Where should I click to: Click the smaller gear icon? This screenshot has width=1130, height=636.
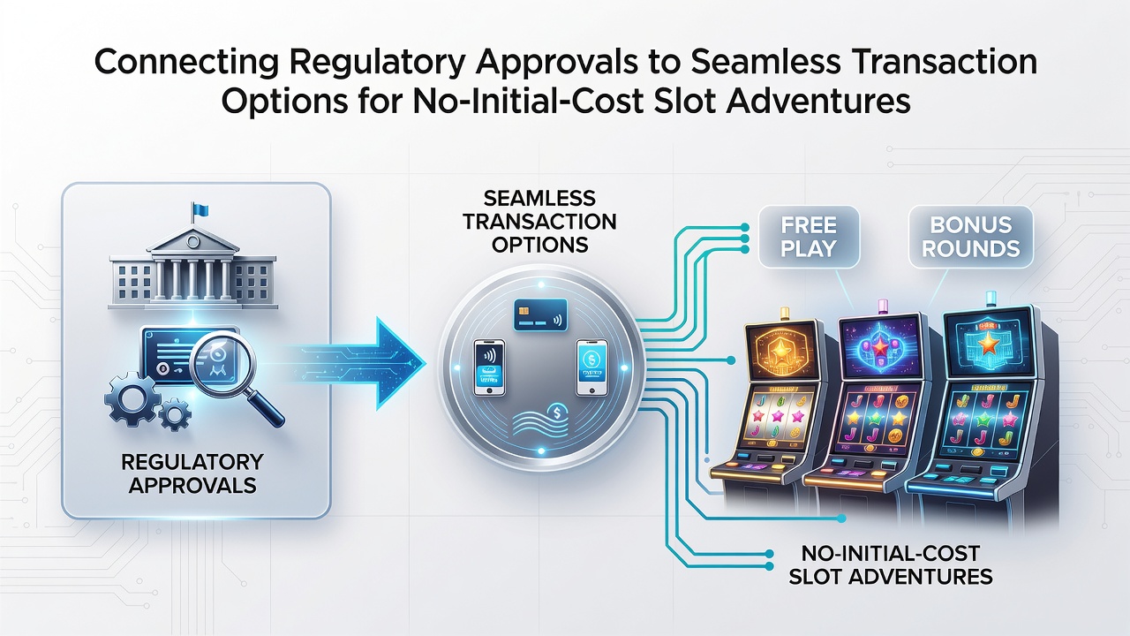pyautogui.click(x=175, y=414)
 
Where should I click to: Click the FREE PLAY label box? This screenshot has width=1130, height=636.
pyautogui.click(x=809, y=237)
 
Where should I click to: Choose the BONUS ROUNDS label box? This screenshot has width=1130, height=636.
pyautogui.click(x=971, y=237)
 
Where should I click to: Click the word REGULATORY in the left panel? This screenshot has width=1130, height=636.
pyautogui.click(x=192, y=462)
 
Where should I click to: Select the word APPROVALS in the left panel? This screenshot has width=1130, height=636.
pyautogui.click(x=192, y=486)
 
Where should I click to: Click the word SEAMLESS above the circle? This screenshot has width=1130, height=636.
pyautogui.click(x=539, y=199)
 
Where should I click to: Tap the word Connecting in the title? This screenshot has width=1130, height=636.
pyautogui.click(x=186, y=63)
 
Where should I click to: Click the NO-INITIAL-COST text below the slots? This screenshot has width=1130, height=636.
pyautogui.click(x=891, y=554)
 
